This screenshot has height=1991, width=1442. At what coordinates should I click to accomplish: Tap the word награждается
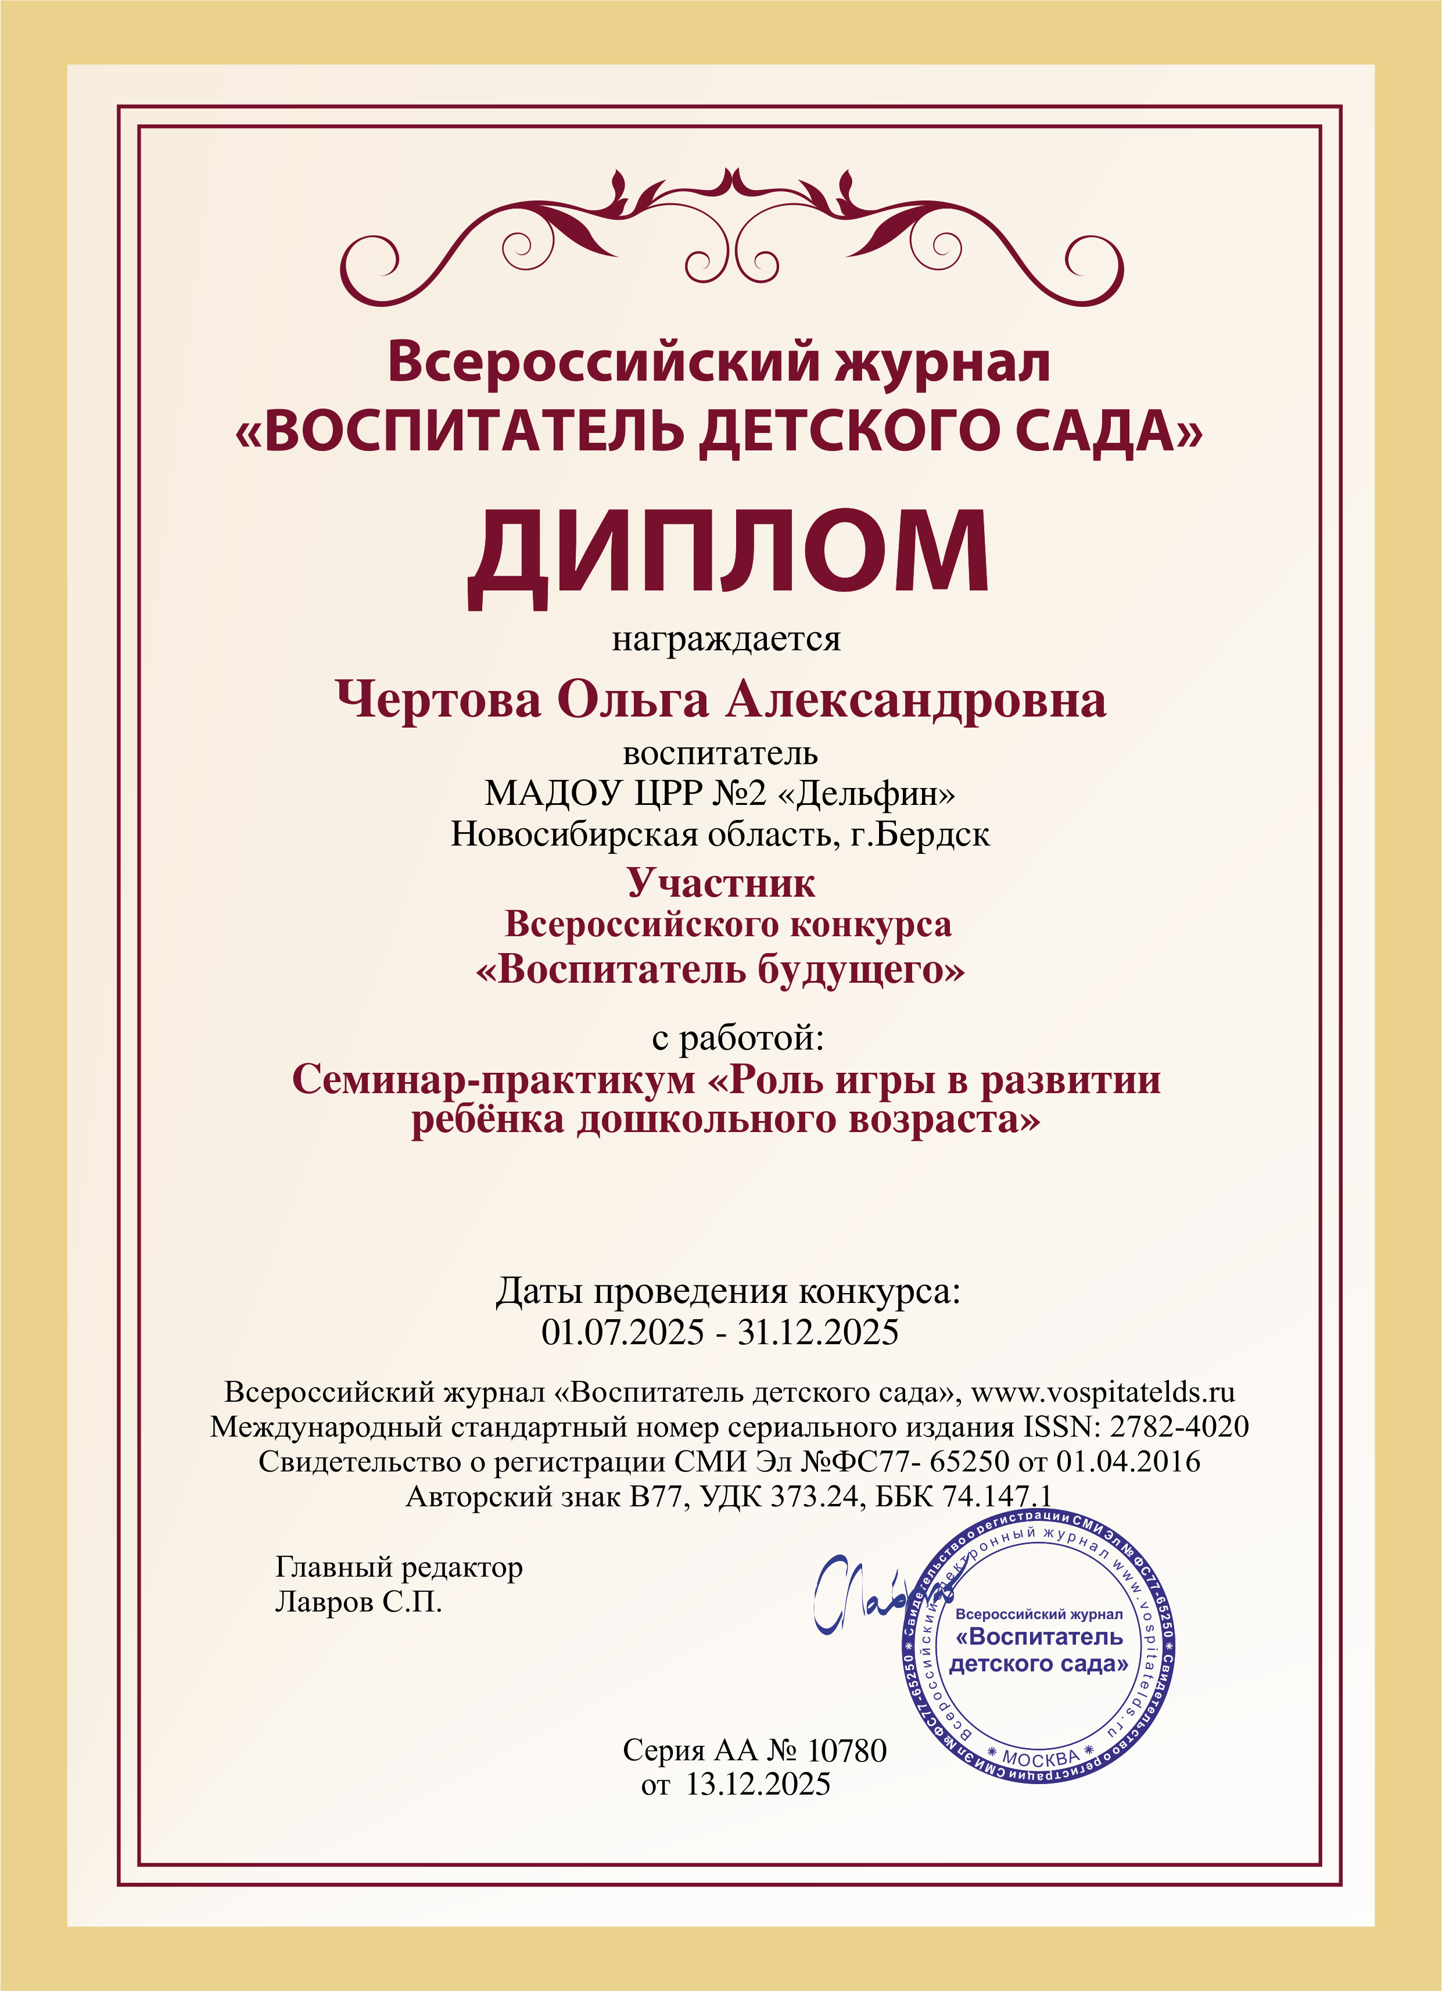(x=726, y=638)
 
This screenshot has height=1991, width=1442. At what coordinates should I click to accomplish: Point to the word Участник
(x=720, y=883)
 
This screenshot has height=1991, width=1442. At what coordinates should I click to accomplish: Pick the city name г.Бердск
(x=920, y=834)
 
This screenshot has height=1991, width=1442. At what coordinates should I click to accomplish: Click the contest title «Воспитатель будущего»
(x=720, y=970)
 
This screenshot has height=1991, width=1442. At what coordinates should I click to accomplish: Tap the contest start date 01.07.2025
(x=622, y=1333)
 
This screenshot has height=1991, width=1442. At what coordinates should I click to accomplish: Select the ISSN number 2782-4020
(x=1179, y=1427)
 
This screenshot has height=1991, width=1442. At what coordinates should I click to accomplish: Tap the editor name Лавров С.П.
(x=358, y=1602)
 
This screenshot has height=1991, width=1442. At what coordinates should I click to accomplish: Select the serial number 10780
(x=846, y=1750)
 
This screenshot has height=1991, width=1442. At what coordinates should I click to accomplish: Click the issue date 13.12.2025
(x=758, y=1785)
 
